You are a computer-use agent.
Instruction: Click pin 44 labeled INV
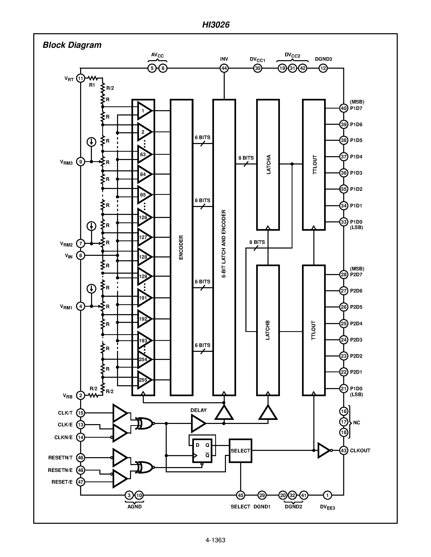224,68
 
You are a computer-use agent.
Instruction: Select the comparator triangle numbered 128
144,257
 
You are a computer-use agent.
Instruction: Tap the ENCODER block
181,247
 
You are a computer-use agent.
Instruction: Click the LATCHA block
268,165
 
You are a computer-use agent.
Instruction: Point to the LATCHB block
268,330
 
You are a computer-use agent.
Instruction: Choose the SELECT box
240,451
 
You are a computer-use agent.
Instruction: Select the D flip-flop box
202,451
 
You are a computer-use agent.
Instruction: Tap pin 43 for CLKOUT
344,450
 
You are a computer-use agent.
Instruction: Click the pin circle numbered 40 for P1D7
344,108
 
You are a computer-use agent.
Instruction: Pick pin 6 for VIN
81,255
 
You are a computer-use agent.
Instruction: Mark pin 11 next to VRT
81,78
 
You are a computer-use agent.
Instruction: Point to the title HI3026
216,25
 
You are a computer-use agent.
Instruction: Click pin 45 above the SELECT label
241,495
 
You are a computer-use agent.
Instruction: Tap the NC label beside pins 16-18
356,423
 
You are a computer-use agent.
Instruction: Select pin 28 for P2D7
344,274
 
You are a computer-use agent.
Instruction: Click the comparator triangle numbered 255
144,380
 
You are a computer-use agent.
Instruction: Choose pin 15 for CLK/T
81,413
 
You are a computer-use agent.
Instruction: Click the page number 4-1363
215,540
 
